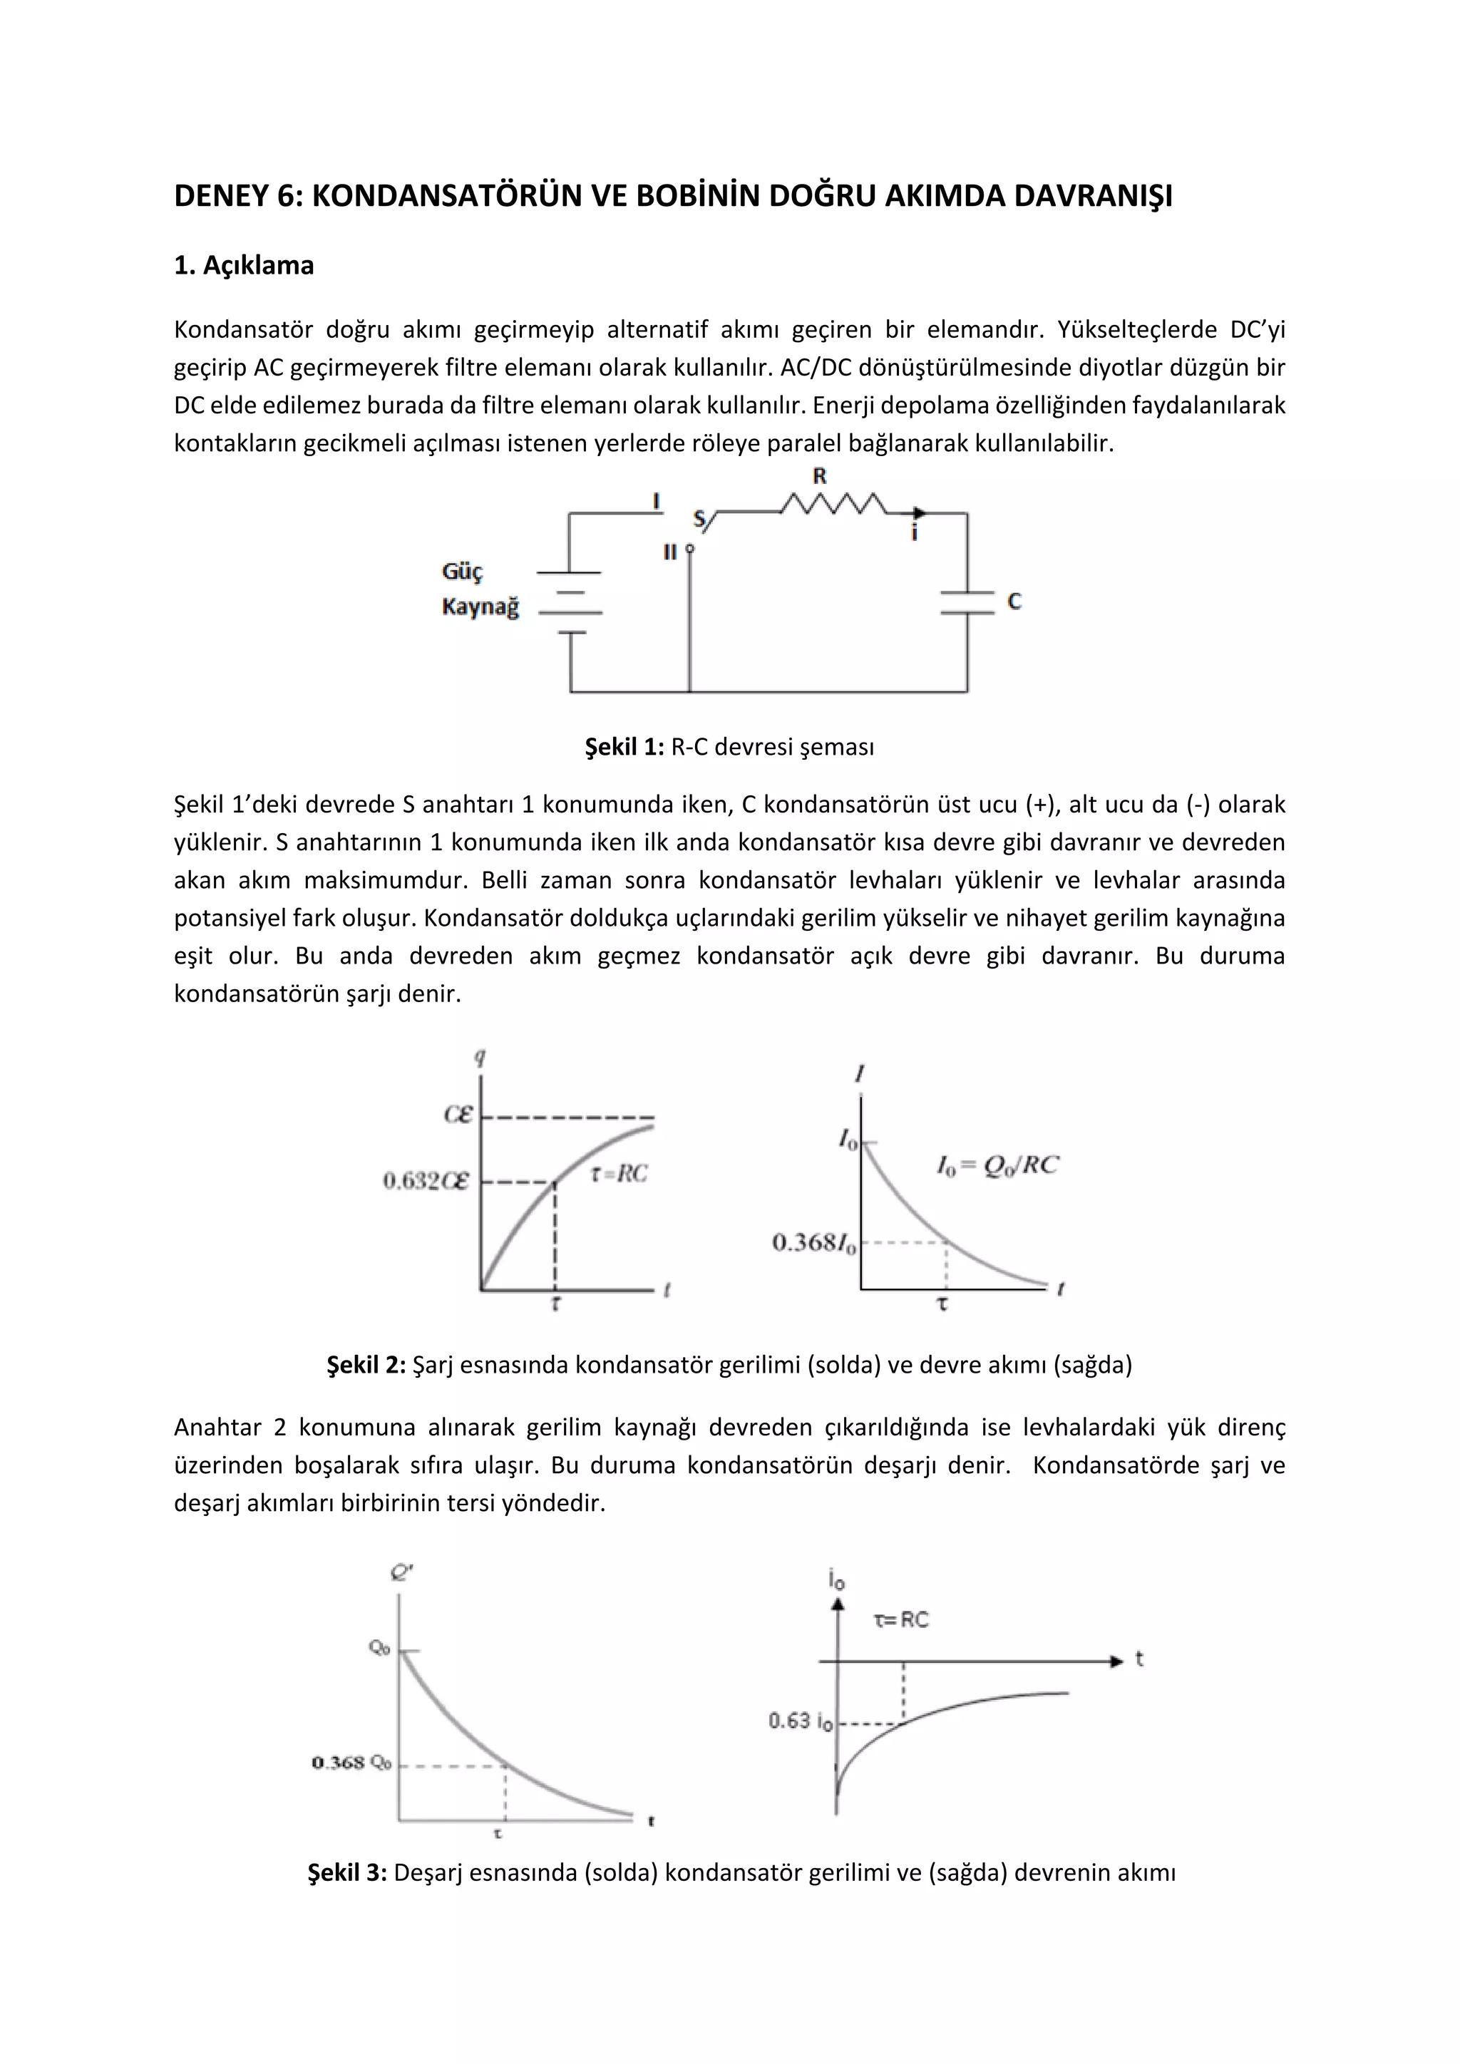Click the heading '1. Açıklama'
[244, 266]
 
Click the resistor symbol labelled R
[833, 505]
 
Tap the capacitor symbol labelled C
[967, 603]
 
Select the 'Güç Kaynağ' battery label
[480, 589]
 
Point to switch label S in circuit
[699, 519]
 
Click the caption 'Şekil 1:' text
[624, 747]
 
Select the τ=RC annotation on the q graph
[619, 1173]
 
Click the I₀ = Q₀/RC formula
[997, 1165]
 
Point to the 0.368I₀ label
[813, 1243]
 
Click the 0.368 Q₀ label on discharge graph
[351, 1763]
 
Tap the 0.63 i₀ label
[800, 1720]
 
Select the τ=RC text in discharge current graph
[901, 1620]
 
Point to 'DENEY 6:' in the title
[238, 196]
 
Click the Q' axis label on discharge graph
[401, 1572]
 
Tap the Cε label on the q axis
[458, 1115]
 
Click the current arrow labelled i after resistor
[916, 523]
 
